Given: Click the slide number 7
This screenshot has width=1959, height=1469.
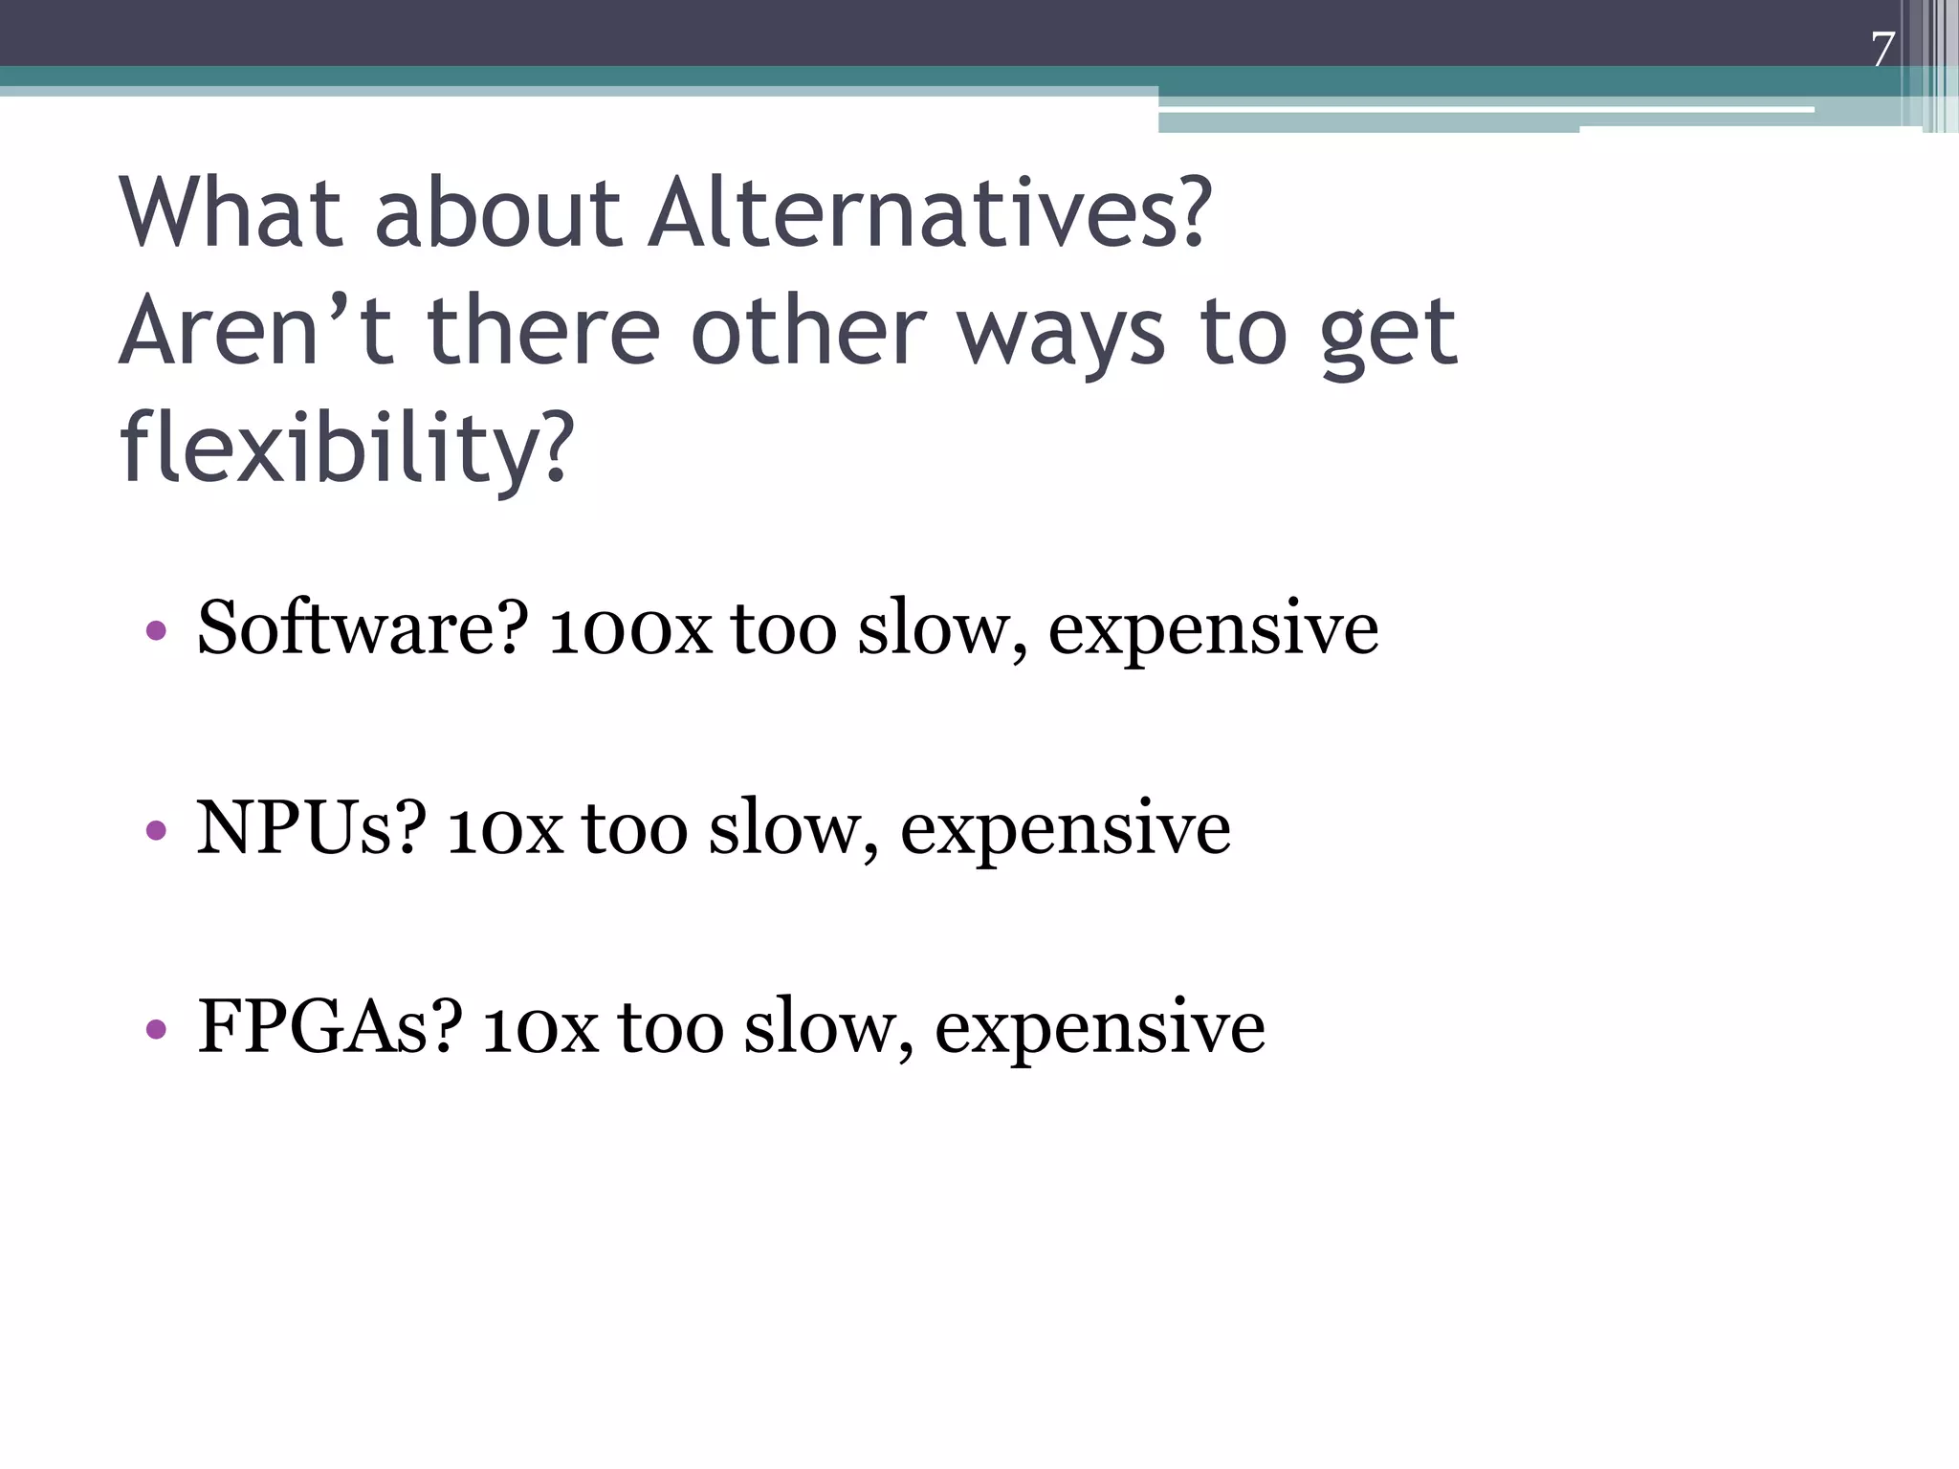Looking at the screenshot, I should pos(1882,50).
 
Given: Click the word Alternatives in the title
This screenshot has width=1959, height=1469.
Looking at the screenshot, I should pos(930,212).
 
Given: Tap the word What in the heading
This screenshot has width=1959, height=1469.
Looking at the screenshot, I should pos(231,212).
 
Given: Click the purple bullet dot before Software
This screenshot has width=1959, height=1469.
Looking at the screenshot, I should pos(156,631).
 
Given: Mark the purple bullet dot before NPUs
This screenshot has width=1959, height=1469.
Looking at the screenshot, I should pos(156,830).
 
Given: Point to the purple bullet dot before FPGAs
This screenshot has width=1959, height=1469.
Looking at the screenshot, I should pos(156,1030).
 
